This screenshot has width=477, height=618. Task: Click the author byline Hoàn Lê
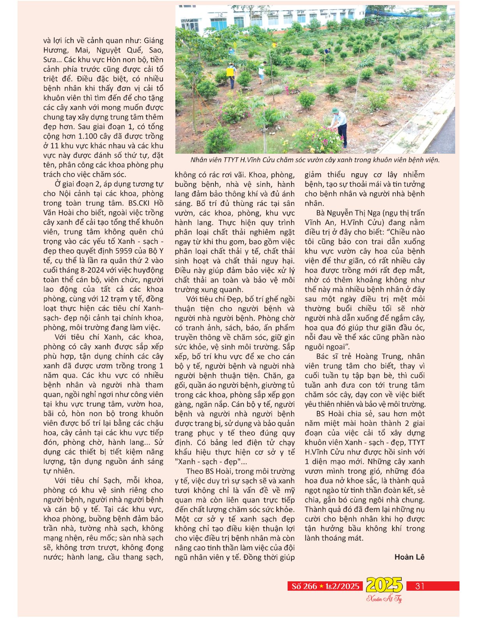tap(409, 557)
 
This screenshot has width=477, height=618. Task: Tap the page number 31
tap(420, 586)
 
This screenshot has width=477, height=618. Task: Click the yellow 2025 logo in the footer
tap(384, 585)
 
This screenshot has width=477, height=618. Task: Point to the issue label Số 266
tap(304, 586)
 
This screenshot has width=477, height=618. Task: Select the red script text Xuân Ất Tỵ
tap(384, 598)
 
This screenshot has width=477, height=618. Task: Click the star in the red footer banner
tap(322, 586)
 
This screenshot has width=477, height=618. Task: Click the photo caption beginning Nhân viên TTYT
tap(315, 160)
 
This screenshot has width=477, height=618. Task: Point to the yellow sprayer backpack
tap(231, 72)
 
